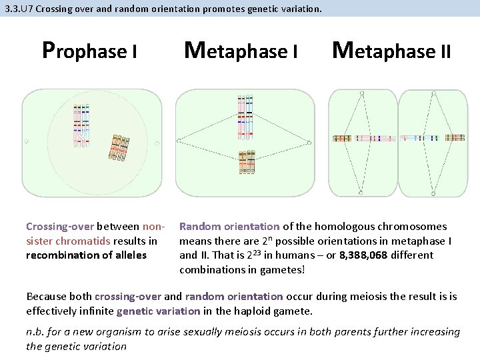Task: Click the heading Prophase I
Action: click(89, 51)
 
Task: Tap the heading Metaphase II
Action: click(391, 50)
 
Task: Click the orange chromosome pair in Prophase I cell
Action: click(119, 148)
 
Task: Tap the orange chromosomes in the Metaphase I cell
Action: click(247, 162)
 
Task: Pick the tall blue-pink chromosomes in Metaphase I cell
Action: click(245, 117)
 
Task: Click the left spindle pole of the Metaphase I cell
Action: click(178, 141)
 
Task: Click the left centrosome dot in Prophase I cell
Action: click(27, 142)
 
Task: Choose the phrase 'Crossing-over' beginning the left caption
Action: click(60, 227)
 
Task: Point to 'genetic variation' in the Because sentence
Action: click(158, 310)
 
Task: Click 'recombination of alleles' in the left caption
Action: click(86, 255)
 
